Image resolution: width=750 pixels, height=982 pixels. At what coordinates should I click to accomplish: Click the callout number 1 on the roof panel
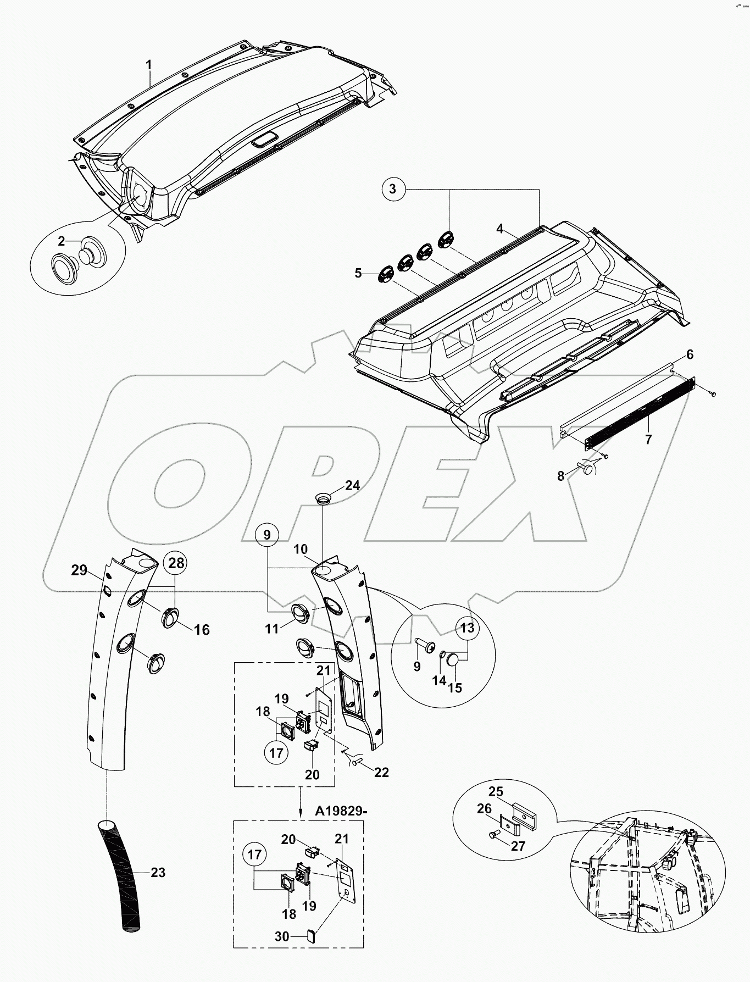click(x=148, y=65)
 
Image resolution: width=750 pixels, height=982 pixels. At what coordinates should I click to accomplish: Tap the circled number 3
click(x=392, y=189)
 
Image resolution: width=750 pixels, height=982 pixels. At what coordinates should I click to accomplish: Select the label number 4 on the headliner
click(x=499, y=228)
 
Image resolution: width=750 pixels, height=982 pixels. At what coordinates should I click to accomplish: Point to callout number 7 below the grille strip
click(x=648, y=440)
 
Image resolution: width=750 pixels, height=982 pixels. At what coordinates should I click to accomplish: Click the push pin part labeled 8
click(x=586, y=468)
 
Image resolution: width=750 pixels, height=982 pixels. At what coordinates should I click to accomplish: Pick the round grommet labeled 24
click(x=323, y=498)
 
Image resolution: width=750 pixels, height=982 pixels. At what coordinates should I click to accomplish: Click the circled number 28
click(x=175, y=563)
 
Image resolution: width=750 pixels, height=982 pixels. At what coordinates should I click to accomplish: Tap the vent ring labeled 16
click(x=170, y=617)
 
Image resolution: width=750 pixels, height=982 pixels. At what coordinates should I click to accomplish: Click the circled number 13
click(x=466, y=628)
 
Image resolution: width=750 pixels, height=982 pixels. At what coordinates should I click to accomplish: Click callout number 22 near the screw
click(x=381, y=772)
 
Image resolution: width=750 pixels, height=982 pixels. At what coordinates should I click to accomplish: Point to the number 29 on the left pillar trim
click(x=80, y=570)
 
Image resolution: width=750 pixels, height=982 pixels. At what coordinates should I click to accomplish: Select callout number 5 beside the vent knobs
click(x=358, y=273)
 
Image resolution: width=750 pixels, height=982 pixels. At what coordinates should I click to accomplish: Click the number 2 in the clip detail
click(x=62, y=241)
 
